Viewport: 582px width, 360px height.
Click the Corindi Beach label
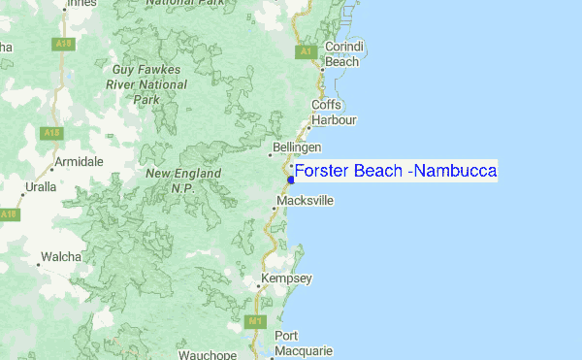pyautogui.click(x=342, y=54)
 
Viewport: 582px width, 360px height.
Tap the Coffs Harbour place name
pyautogui.click(x=334, y=113)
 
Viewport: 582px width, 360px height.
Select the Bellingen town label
pyautogui.click(x=298, y=147)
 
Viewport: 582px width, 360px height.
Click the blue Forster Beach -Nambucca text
pyautogui.click(x=396, y=172)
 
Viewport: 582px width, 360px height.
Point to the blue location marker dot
pyautogui.click(x=291, y=179)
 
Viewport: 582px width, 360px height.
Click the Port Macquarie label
pyautogui.click(x=303, y=344)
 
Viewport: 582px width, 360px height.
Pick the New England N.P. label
pyautogui.click(x=183, y=180)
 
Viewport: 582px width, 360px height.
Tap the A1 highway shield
pyautogui.click(x=306, y=50)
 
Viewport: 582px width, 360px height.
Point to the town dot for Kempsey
pyautogui.click(x=258, y=285)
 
